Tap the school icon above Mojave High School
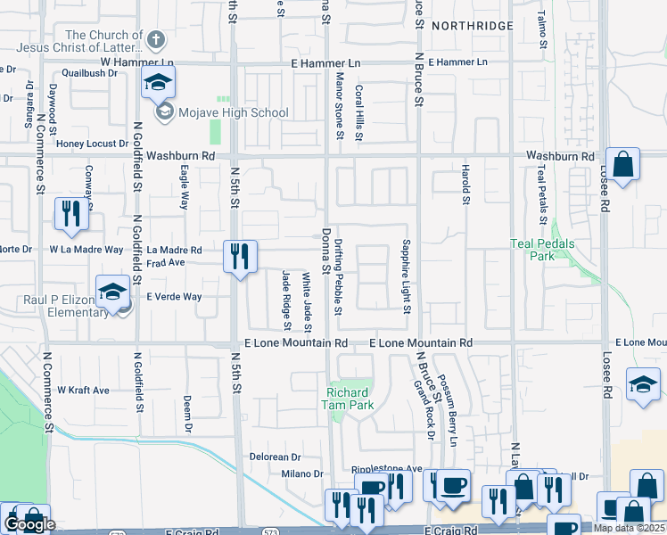coord(158,83)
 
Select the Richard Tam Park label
coord(348,399)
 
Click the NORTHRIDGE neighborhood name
coord(472,27)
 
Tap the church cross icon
coord(156,39)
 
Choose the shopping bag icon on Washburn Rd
coord(622,165)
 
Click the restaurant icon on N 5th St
coord(239,256)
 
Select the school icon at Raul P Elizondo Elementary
coord(113,293)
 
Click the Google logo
coord(29,525)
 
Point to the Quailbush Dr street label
coord(89,75)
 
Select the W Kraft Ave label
coord(83,391)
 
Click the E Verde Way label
coord(175,297)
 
